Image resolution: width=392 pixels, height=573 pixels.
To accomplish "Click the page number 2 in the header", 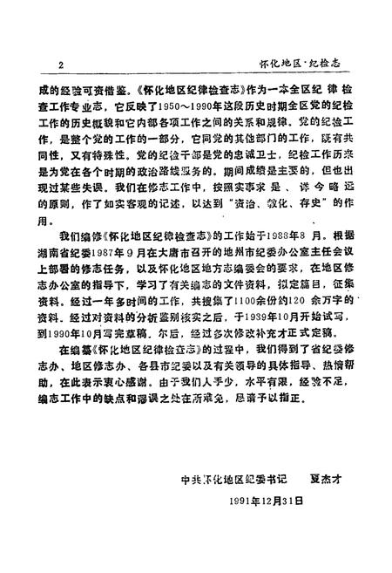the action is [x=59, y=64].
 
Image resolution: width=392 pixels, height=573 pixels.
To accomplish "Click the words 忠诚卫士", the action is [x=205, y=170].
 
